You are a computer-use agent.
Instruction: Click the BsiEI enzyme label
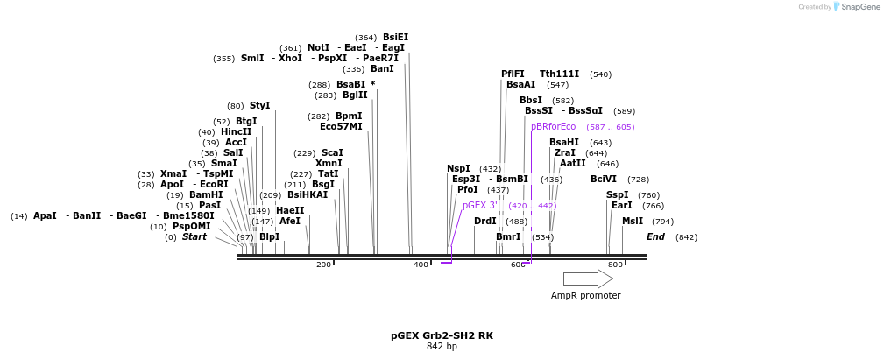pyautogui.click(x=395, y=37)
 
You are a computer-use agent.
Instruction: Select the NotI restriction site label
pyautogui.click(x=318, y=47)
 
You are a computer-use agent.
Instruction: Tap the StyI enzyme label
pyautogui.click(x=260, y=105)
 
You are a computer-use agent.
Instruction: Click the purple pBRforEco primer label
pyautogui.click(x=553, y=126)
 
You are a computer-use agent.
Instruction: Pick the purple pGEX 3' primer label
pyautogui.click(x=480, y=205)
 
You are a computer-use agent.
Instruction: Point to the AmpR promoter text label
pyautogui.click(x=585, y=295)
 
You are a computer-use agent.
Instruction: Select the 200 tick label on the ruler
pyautogui.click(x=323, y=265)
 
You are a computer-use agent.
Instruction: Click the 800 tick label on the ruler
pyautogui.click(x=615, y=265)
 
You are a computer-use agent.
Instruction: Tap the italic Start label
pyautogui.click(x=194, y=236)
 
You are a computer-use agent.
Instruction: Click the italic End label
pyautogui.click(x=655, y=236)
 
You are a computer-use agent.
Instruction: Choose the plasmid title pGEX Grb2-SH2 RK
pyautogui.click(x=442, y=335)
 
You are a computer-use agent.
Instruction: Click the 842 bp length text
pyautogui.click(x=442, y=346)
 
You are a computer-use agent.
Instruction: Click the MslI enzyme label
pyautogui.click(x=633, y=221)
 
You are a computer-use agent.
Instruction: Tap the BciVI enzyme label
pyautogui.click(x=604, y=179)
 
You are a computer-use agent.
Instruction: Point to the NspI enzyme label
pyautogui.click(x=458, y=168)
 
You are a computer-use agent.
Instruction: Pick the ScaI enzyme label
pyautogui.click(x=332, y=152)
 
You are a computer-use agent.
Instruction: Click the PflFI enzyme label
pyautogui.click(x=513, y=74)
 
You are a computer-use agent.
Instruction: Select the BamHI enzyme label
pyautogui.click(x=206, y=194)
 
